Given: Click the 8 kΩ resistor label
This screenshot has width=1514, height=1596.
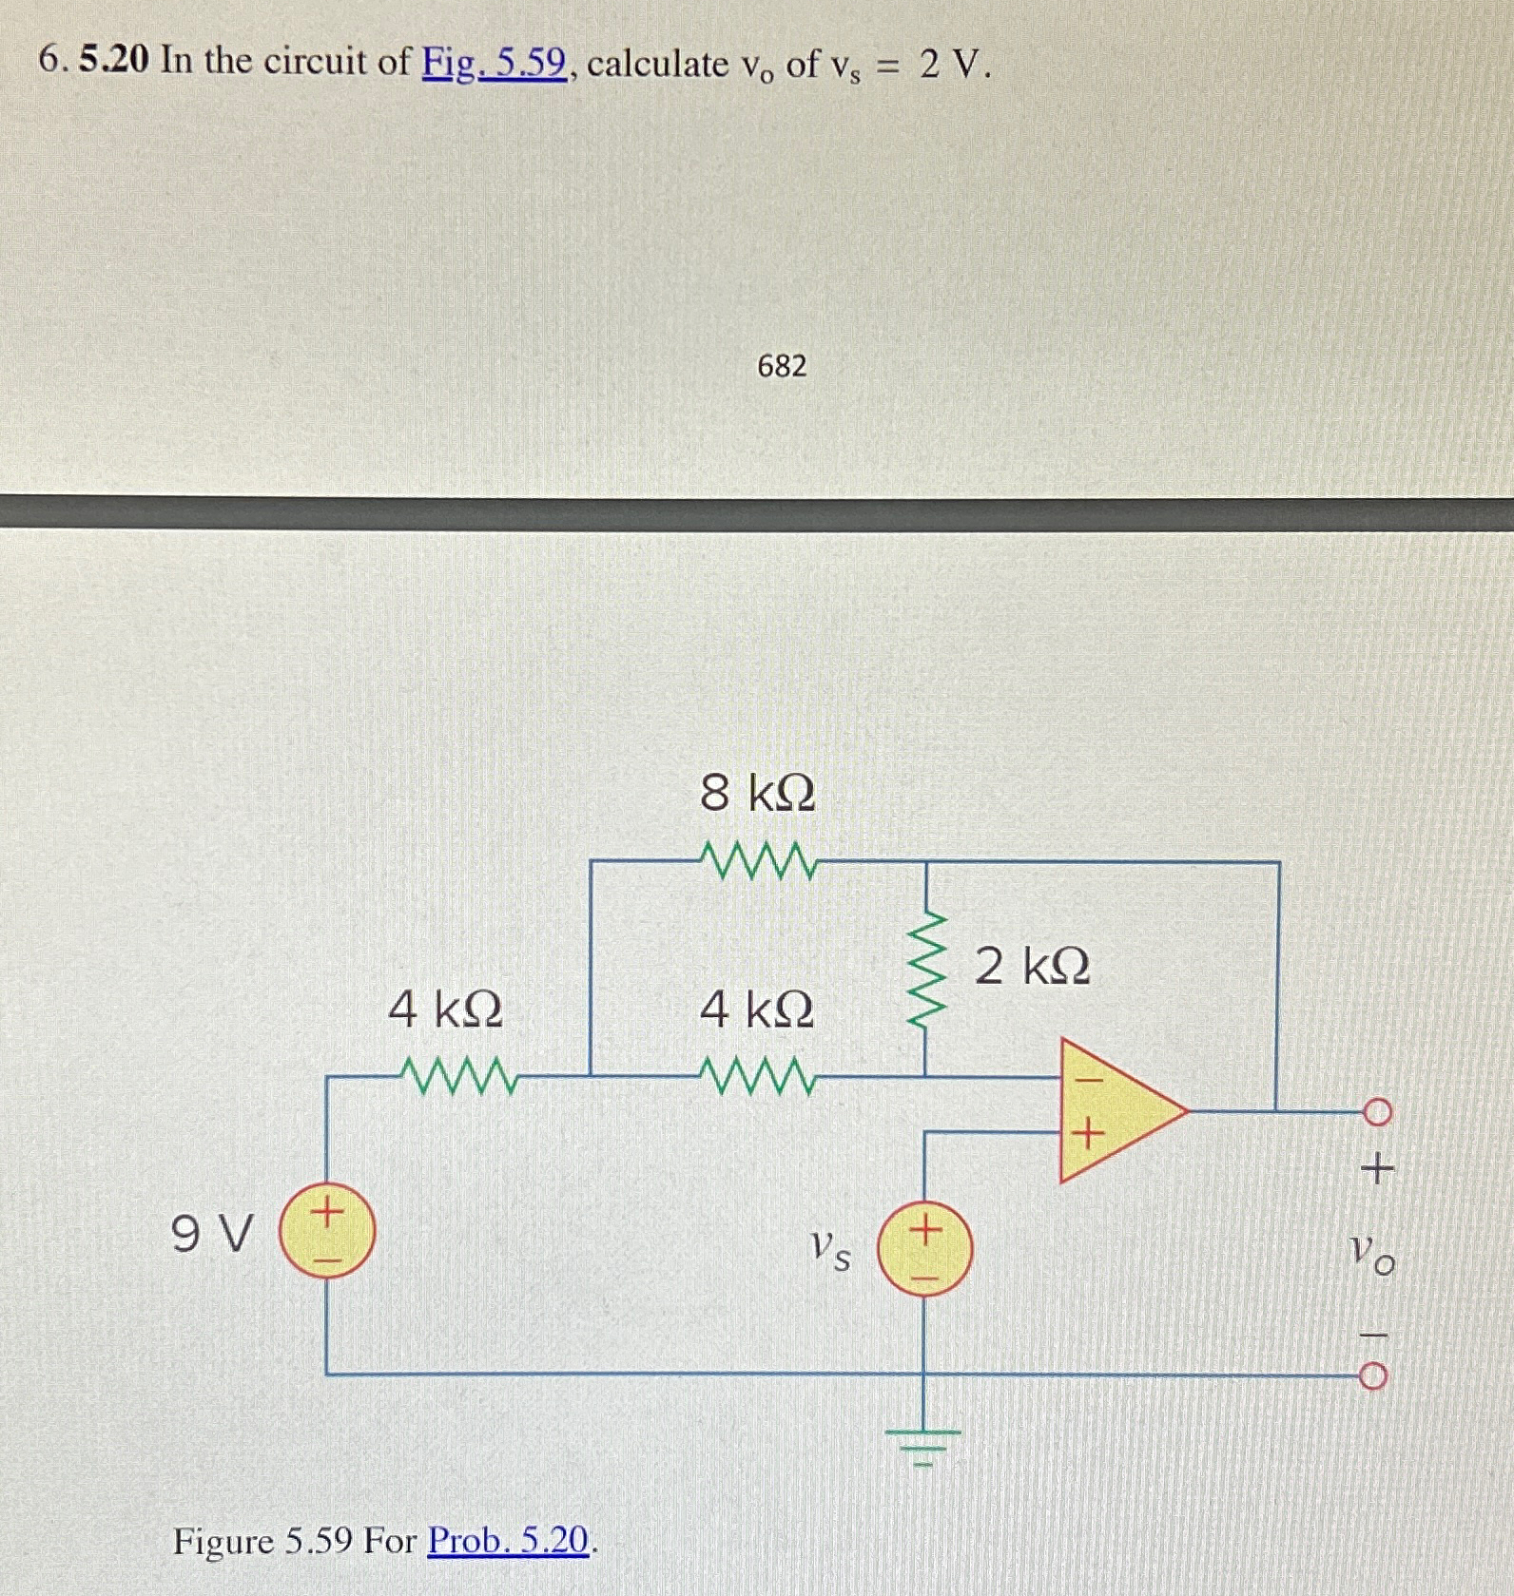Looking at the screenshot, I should click(x=757, y=793).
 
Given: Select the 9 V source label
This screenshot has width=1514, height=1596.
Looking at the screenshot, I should click(x=213, y=1235).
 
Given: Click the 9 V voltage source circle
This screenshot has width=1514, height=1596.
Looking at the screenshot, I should click(x=326, y=1235).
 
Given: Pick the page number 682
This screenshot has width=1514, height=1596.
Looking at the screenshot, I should click(x=782, y=366).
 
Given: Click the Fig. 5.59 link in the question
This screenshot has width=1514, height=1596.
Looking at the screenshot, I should click(x=495, y=64).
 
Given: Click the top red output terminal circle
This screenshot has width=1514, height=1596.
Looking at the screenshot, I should click(x=1379, y=1110).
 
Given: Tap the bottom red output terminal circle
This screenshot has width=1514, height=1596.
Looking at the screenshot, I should click(x=1379, y=1375).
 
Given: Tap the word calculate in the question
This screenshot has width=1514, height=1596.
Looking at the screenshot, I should click(x=657, y=64).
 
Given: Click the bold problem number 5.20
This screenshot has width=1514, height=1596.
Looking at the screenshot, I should click(x=115, y=62).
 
